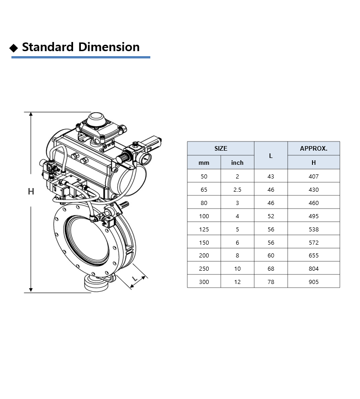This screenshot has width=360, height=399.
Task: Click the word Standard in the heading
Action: [48, 47]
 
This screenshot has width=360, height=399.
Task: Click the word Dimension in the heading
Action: [109, 47]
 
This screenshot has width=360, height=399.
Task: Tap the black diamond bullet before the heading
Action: [14, 48]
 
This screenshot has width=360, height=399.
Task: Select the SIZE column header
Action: [221, 148]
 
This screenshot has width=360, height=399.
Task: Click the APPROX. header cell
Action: [314, 148]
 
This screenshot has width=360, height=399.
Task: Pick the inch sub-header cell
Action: [237, 163]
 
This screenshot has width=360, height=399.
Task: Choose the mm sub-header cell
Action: [204, 163]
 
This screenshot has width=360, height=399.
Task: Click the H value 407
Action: [314, 176]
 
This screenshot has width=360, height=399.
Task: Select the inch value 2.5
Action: [237, 189]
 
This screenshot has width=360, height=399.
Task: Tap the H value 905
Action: [314, 282]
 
